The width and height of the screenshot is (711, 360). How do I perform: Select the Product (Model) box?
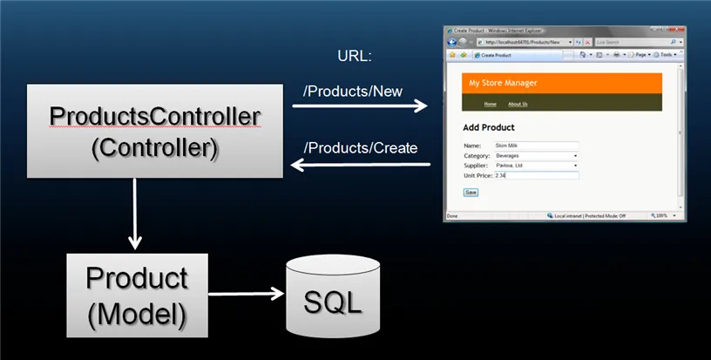(137, 295)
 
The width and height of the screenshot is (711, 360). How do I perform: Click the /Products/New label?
(352, 91)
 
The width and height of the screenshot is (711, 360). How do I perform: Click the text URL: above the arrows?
(355, 58)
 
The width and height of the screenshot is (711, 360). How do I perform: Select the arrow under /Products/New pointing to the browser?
(359, 106)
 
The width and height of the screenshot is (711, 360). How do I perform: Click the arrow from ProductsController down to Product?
(134, 214)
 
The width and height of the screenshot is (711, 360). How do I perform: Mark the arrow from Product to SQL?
(247, 294)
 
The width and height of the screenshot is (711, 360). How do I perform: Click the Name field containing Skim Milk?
(536, 146)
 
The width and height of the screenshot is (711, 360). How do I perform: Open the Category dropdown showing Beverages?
(536, 155)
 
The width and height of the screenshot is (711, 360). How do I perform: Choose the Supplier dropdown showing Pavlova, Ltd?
(536, 165)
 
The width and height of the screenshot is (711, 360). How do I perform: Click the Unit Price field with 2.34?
(536, 175)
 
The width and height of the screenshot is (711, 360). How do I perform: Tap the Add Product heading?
(489, 127)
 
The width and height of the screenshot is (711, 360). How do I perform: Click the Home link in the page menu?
(490, 104)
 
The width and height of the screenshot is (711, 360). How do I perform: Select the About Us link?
(518, 104)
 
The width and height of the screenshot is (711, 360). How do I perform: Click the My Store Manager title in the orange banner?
(504, 83)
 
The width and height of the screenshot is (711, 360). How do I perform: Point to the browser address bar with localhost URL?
(523, 42)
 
